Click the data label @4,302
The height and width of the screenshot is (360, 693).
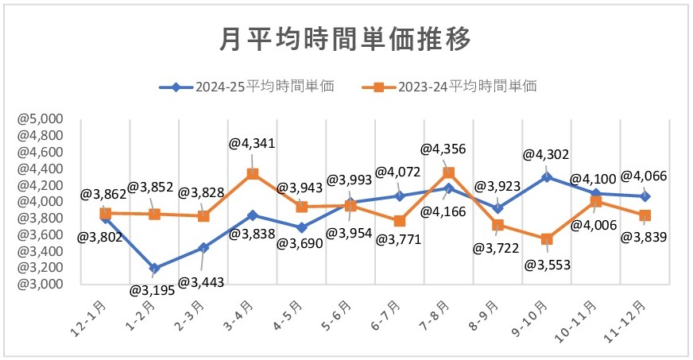coord(546,156)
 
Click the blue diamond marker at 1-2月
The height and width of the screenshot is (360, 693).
coord(155,268)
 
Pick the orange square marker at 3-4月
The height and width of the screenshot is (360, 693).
coord(252,173)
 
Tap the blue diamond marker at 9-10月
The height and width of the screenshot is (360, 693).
coord(546,176)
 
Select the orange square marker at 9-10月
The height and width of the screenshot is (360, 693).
coord(546,238)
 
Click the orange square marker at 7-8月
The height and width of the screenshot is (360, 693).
coord(448,172)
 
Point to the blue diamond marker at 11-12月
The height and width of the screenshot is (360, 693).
coord(645,196)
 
